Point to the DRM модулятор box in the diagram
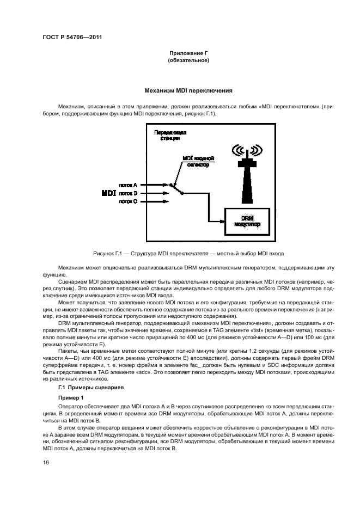click(x=247, y=220)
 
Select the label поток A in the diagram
click(x=128, y=185)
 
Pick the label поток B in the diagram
click(x=128, y=193)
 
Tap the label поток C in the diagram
click(x=128, y=201)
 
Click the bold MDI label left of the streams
click(x=108, y=193)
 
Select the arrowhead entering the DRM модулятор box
click(x=223, y=220)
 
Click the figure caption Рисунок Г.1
click(x=188, y=254)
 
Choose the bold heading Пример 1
click(x=71, y=398)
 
